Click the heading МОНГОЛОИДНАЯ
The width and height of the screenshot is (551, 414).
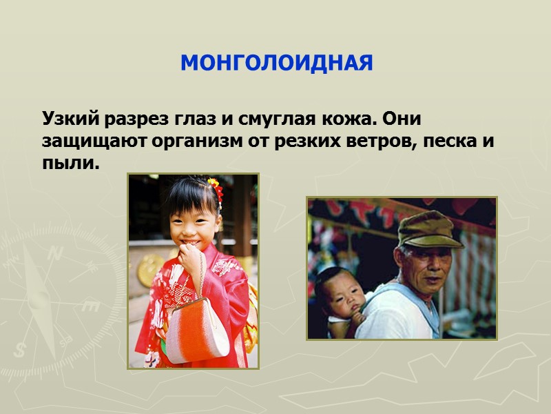[276, 63]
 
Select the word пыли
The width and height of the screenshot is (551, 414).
[69, 164]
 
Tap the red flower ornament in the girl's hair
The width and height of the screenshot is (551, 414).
[218, 189]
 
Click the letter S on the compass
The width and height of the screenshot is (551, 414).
[20, 349]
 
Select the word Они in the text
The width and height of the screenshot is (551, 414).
[403, 119]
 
